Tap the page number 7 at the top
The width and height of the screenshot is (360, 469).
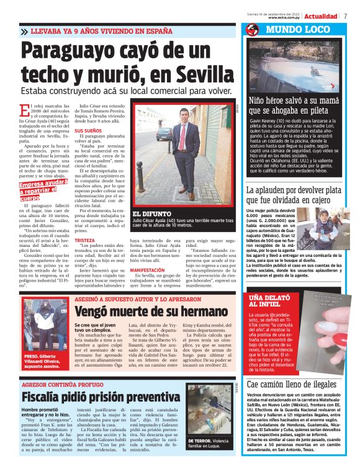345,16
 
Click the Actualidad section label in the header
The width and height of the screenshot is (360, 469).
321,16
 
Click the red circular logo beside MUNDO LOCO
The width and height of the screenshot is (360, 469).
252,30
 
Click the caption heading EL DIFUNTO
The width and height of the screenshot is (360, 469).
148,213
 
